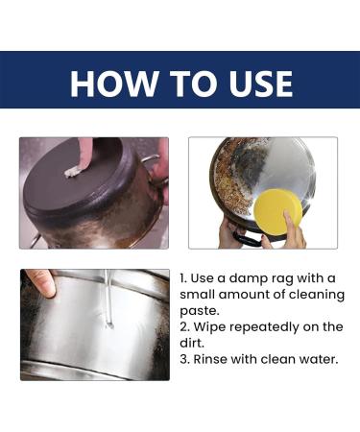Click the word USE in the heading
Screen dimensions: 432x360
252,84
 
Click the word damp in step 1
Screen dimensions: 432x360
247,278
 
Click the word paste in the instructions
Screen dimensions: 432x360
202,310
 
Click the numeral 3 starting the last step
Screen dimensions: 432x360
183,359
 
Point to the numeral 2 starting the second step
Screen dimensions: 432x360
183,326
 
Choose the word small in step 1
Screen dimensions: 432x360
200,295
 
